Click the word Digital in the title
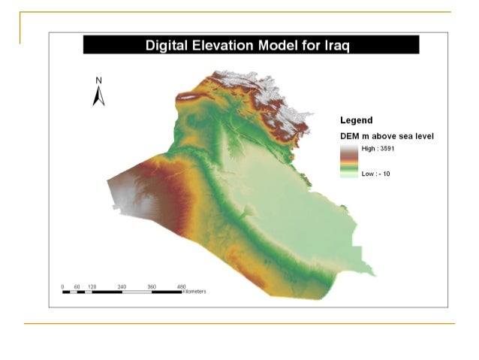tap(168, 46)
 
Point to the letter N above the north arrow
tap(98, 80)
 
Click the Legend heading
tap(357, 120)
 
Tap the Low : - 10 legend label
tap(375, 174)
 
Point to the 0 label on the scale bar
tap(63, 286)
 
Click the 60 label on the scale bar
tap(77, 286)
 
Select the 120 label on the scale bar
tap(92, 286)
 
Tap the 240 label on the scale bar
tap(122, 286)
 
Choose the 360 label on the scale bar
tap(152, 286)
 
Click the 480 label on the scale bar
tap(181, 286)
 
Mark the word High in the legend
tap(369, 149)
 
